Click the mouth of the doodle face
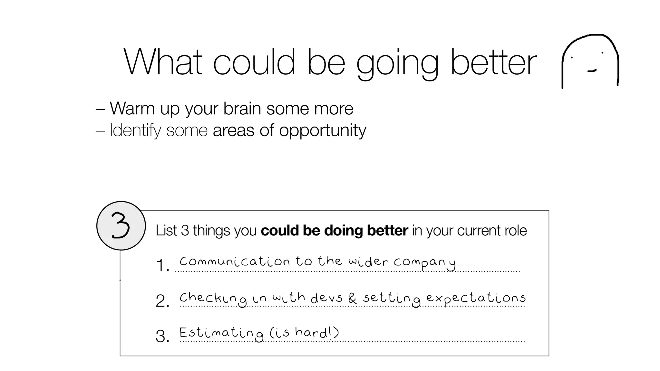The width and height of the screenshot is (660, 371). (592, 71)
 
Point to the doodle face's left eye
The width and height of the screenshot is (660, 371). (572, 58)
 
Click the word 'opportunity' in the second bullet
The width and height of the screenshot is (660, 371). (322, 131)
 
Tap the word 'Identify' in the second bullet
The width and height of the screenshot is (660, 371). (135, 131)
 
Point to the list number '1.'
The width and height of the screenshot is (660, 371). (162, 266)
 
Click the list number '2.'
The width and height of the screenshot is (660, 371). (162, 301)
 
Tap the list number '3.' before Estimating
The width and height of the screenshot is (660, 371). (162, 336)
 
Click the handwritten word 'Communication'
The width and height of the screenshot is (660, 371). (235, 261)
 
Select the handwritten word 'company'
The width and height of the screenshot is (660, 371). (424, 262)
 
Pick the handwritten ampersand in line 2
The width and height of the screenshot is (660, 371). (352, 298)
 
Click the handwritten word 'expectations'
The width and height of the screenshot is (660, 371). (476, 298)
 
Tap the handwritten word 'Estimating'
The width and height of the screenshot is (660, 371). (221, 333)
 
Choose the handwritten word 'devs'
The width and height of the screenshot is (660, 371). (326, 298)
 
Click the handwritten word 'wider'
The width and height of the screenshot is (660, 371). (367, 261)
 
